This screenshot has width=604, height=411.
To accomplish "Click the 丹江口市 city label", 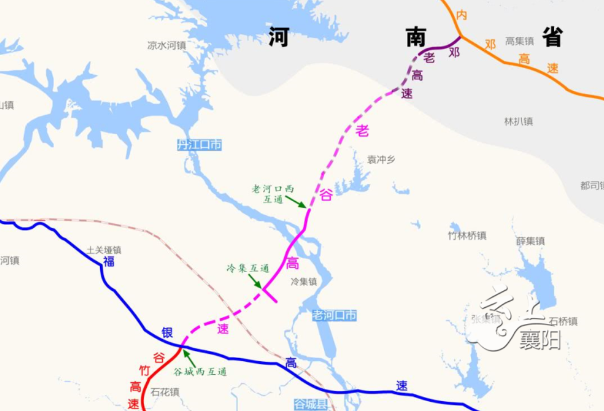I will click(199, 145).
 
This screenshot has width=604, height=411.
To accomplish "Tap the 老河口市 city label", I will click(334, 315).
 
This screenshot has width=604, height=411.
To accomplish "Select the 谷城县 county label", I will click(311, 404).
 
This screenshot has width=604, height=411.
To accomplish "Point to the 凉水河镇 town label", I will click(167, 45).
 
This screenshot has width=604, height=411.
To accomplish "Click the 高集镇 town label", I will click(520, 41).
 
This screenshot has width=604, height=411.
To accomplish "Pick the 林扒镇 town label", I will click(518, 122).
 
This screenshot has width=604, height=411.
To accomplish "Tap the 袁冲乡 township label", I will click(382, 160).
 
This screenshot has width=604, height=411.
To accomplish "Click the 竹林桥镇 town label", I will click(467, 236).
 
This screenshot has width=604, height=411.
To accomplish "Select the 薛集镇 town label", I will click(530, 241).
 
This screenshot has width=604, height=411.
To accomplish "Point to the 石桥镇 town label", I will click(563, 321).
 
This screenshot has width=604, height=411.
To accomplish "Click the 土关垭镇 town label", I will click(104, 250).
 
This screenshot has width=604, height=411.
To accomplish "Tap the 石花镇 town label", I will click(165, 392).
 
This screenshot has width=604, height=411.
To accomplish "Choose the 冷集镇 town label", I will click(304, 282).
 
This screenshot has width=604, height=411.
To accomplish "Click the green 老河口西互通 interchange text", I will click(273, 194).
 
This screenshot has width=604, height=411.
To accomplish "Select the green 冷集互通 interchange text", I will click(247, 268).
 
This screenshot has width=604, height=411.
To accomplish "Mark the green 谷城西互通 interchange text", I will click(200, 372).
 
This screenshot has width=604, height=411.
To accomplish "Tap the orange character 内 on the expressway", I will click(462, 15).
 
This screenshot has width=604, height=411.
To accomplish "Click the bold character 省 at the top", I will click(553, 37).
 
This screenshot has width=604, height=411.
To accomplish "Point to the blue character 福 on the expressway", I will click(109, 262).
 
